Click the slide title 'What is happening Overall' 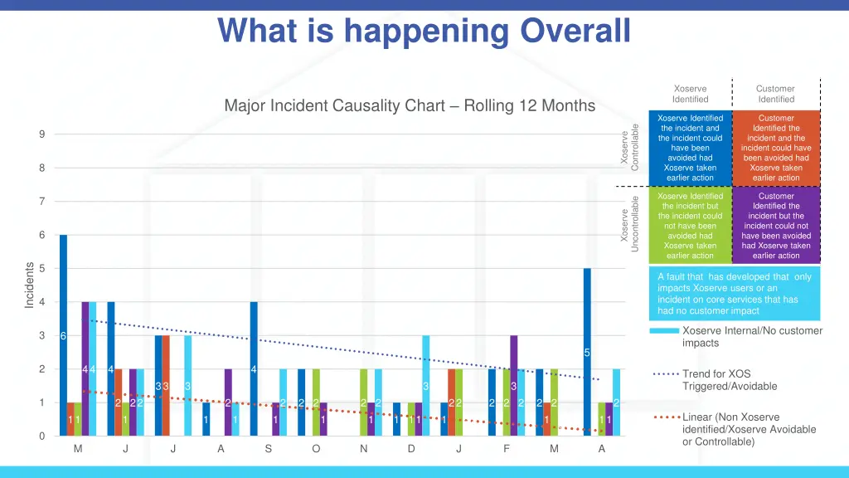424,31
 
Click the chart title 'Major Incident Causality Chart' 410,106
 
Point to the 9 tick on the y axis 42,134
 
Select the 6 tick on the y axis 42,235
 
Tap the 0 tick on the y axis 42,436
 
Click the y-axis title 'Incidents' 30,285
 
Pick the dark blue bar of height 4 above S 254,368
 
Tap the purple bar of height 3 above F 514,385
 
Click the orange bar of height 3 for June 166,385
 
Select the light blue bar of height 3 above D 426,385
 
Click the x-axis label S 269,450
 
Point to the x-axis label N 363,450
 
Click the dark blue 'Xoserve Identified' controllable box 690,148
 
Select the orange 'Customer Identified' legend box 776,148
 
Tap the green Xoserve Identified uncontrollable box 690,226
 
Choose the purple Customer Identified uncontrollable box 776,226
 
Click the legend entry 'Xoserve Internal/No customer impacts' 751,336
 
